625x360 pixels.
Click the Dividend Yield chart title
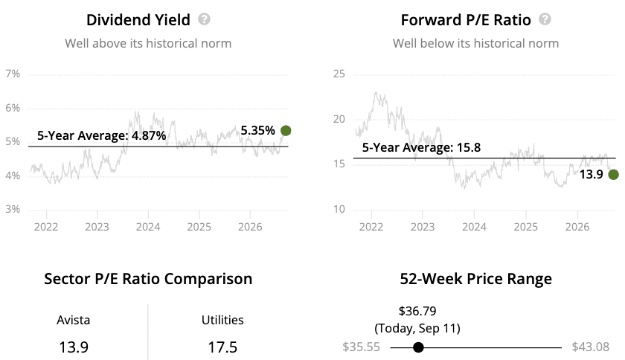pyautogui.click(x=138, y=20)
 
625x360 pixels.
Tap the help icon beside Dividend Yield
pyautogui.click(x=204, y=19)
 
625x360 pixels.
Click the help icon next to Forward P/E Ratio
pyautogui.click(x=545, y=19)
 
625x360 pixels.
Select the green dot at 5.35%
pyautogui.click(x=286, y=130)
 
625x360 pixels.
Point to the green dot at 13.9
pyautogui.click(x=613, y=174)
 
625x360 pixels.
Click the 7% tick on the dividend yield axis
pyautogui.click(x=13, y=74)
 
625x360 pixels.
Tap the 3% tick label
pyautogui.click(x=13, y=209)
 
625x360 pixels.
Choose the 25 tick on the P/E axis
pyautogui.click(x=339, y=74)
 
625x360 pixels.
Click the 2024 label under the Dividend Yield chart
pyautogui.click(x=148, y=227)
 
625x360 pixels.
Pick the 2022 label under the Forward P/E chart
pyautogui.click(x=371, y=227)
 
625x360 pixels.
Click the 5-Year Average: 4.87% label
pyautogui.click(x=102, y=135)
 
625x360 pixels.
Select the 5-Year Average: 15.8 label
pyautogui.click(x=421, y=147)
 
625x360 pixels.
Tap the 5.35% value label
pyautogui.click(x=258, y=130)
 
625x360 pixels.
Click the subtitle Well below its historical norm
pyautogui.click(x=475, y=43)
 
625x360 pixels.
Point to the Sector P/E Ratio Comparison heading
pyautogui.click(x=148, y=279)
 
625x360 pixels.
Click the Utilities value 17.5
pyautogui.click(x=222, y=347)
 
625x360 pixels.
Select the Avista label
pyautogui.click(x=74, y=320)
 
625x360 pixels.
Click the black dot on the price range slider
pyautogui.click(x=418, y=347)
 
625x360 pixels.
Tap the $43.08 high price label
pyautogui.click(x=590, y=347)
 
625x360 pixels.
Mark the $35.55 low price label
pyautogui.click(x=361, y=347)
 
